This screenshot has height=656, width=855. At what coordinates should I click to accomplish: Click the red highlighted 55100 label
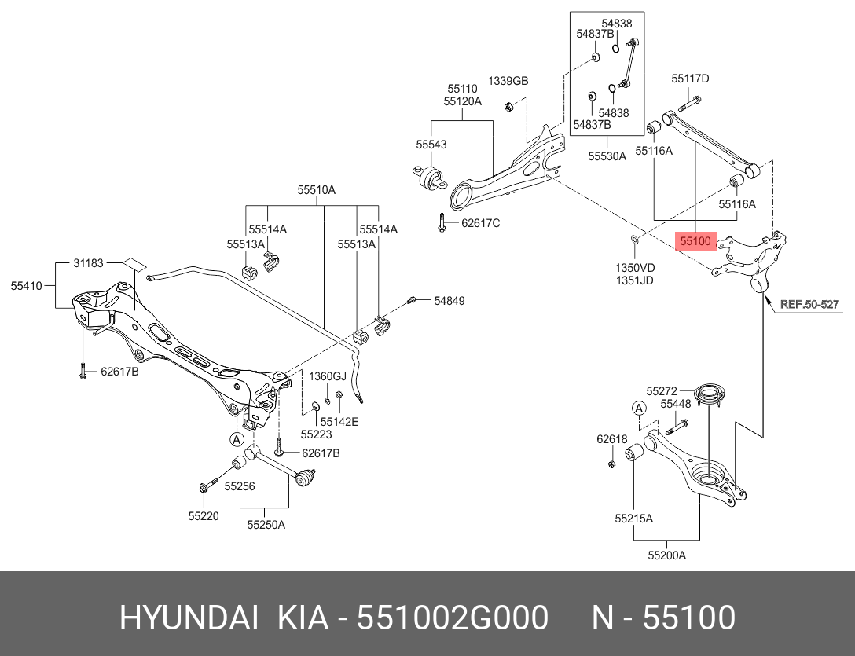(695, 242)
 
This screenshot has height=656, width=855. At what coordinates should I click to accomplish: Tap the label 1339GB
(508, 82)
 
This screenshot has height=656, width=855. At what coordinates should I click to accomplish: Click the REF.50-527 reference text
(809, 304)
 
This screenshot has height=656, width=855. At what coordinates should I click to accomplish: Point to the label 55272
(662, 390)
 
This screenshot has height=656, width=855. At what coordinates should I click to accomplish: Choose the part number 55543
(431, 145)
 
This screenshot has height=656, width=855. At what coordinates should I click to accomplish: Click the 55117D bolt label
(690, 79)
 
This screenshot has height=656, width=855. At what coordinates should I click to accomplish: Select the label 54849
(450, 301)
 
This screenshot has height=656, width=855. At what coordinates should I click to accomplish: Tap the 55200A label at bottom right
(666, 555)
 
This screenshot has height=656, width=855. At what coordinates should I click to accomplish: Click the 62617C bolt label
(480, 223)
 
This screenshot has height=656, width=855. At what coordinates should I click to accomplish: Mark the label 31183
(89, 263)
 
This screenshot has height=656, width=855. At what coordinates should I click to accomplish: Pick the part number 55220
(203, 516)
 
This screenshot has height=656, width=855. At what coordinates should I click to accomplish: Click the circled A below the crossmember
(237, 438)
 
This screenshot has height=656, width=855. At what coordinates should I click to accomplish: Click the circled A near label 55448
(640, 407)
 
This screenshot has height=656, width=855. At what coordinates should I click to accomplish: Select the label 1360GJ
(326, 376)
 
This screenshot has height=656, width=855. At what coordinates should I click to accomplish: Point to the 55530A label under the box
(607, 156)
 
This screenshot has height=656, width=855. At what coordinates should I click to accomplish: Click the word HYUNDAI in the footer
(188, 618)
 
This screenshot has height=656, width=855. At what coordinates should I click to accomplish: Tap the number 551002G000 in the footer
(453, 618)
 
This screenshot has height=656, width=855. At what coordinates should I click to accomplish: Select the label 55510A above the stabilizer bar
(316, 190)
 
